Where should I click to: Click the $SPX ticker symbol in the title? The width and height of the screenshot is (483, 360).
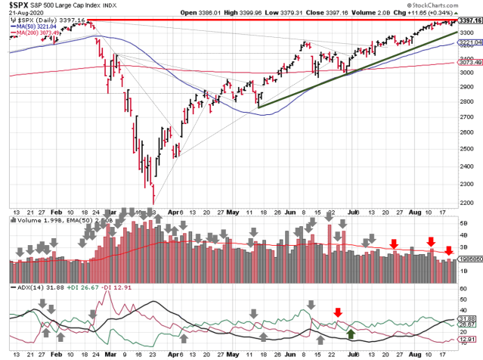(14, 5)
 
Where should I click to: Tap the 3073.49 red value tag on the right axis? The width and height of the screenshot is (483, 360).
(469, 72)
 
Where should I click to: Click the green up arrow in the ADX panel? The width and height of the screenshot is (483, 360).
(351, 332)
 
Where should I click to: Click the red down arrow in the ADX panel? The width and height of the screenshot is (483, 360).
(338, 312)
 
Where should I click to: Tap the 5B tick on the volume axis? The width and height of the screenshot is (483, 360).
(463, 224)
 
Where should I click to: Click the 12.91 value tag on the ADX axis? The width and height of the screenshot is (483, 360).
(467, 341)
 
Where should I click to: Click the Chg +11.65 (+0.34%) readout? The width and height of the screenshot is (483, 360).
(441, 13)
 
